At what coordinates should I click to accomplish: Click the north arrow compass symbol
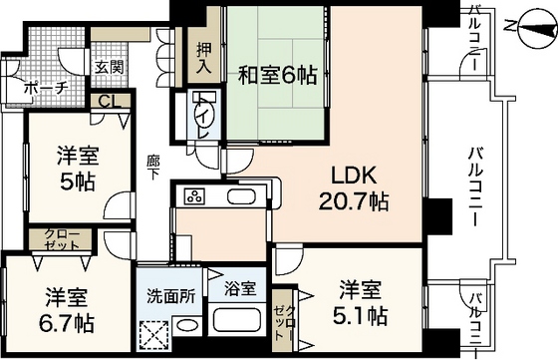point(526,26)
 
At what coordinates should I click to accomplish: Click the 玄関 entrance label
point(109,67)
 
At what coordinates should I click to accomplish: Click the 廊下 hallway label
point(152,166)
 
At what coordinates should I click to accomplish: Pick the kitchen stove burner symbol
point(195,195)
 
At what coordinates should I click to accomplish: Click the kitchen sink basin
point(241,195)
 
